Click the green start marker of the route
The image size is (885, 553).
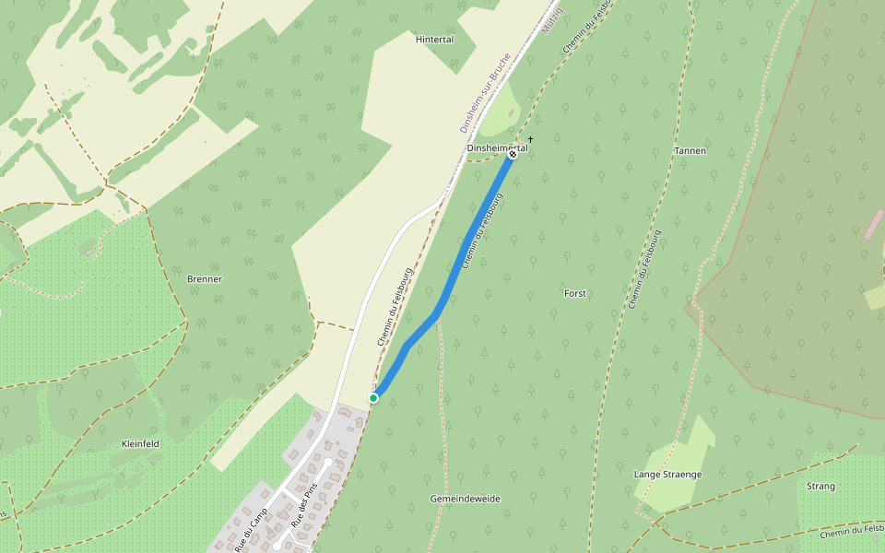point(373,398)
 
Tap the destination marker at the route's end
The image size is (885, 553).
point(513,154)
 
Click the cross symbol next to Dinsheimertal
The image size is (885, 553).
point(531,140)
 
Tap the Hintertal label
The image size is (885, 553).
point(434,40)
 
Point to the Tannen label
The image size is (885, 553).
point(690,150)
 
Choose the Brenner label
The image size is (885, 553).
point(205,278)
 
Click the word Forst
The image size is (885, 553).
point(574,293)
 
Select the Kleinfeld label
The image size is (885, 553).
point(140,443)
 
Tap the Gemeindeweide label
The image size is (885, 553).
point(465,499)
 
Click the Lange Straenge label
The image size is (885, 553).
point(667,475)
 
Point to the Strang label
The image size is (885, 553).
point(820,486)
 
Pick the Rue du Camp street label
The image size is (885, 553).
point(251,528)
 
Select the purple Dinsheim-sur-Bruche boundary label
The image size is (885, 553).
point(485,92)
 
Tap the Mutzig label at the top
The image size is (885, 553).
point(551,22)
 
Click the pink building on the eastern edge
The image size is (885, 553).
point(873,224)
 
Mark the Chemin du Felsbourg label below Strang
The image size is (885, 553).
point(851,530)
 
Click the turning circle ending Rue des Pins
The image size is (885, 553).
point(328,461)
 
